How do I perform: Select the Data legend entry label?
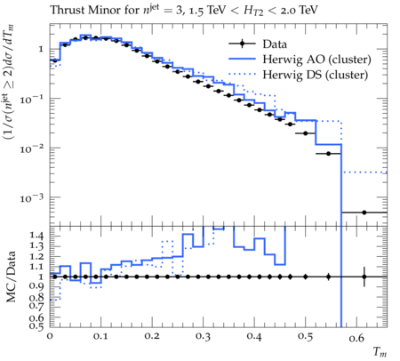point(275,44)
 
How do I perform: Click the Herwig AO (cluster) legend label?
point(316,60)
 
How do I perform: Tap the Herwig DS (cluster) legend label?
point(316,75)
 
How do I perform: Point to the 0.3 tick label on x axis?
point(204,336)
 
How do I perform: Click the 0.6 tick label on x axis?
point(356,338)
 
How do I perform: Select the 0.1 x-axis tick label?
point(101,336)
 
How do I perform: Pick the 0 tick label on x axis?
point(50,336)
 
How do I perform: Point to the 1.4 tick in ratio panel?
point(36,236)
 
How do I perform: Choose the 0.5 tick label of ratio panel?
point(36,326)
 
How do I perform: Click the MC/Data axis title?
point(12,277)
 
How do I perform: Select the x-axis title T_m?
point(380,352)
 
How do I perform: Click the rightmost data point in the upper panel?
point(364,213)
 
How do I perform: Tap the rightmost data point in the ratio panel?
point(364,277)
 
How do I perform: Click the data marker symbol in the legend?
point(242,44)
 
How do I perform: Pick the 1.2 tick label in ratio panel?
point(36,257)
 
